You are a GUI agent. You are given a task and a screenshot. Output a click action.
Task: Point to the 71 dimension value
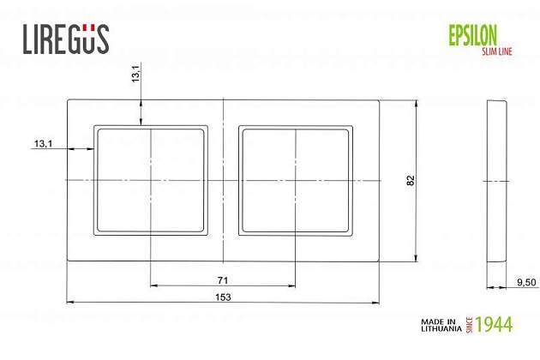[222, 280]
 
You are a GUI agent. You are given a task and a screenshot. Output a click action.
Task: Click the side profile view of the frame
[496, 181]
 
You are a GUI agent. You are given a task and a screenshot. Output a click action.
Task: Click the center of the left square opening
[151, 180]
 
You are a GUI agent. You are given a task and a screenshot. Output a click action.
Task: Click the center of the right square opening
[295, 180]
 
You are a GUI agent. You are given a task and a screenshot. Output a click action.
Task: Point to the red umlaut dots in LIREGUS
[88, 27]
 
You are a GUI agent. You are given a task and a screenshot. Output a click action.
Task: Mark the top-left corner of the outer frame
[67, 101]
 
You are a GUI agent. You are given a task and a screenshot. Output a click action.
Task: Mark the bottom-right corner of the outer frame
[380, 261]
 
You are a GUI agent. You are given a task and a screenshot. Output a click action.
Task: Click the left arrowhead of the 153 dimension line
[70, 302]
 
